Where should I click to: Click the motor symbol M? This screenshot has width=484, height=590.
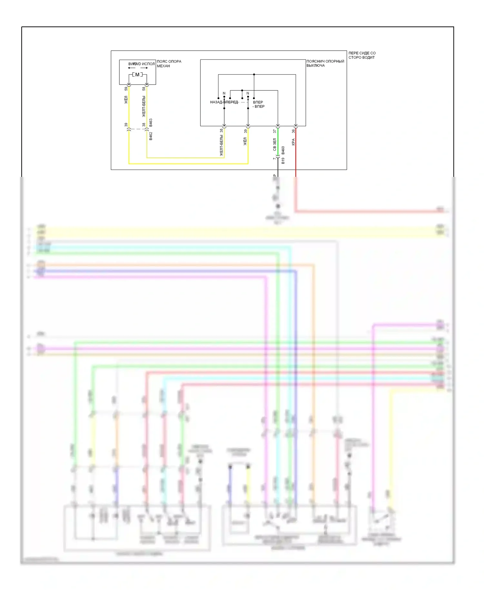137,75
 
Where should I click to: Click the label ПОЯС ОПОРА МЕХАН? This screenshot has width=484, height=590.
169,64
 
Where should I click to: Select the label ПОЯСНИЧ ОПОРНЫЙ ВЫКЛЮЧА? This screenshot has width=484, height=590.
325,63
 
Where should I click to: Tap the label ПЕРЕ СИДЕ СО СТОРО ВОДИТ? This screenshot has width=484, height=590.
362,55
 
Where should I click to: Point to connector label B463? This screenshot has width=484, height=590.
151,123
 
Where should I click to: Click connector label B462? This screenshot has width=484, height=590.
151,136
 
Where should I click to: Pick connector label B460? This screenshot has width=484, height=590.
283,150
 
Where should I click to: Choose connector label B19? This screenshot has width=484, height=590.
283,161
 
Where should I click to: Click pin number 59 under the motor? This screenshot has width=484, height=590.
126,89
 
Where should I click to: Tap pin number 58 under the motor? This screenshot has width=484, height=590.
144,89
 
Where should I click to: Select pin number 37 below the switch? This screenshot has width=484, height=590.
275,131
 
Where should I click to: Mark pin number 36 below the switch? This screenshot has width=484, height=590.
293,131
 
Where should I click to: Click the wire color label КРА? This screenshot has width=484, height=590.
293,142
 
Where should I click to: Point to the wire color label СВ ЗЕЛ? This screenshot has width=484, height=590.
275,145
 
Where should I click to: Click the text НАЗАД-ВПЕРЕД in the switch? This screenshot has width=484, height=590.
224,102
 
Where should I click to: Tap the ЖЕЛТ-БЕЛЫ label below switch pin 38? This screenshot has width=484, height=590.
221,146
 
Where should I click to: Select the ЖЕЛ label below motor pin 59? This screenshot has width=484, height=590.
126,100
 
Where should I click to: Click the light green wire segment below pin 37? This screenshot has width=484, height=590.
278,142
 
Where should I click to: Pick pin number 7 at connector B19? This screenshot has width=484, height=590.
274,158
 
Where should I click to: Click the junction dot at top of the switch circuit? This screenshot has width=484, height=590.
254,75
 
